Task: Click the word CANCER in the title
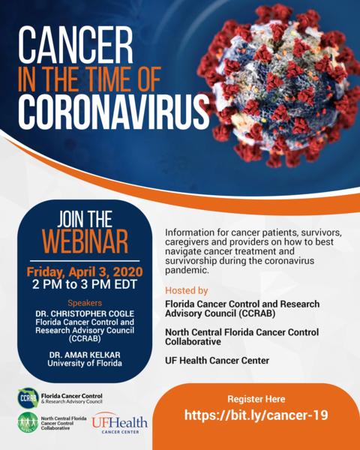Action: [x=76, y=45]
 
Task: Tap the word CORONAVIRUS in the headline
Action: [x=114, y=111]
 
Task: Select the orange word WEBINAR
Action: [x=85, y=241]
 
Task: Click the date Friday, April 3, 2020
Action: [x=85, y=271]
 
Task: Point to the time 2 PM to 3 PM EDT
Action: [x=85, y=284]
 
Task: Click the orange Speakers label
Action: [x=85, y=303]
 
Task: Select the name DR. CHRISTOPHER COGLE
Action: [x=85, y=313]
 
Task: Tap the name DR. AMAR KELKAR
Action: [x=85, y=355]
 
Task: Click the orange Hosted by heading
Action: [x=186, y=291]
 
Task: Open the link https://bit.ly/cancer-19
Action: [x=256, y=415]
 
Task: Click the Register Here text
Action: [x=256, y=399]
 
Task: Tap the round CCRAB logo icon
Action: [x=28, y=398]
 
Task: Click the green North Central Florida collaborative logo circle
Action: [x=28, y=422]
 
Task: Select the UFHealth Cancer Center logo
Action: [x=120, y=423]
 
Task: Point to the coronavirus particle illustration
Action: [x=279, y=86]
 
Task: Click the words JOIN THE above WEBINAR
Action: [x=85, y=219]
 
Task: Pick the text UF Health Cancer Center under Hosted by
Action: [x=217, y=361]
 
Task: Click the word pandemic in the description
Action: [x=187, y=270]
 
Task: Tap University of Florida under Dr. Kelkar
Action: [x=85, y=363]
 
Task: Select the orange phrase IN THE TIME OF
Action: [x=89, y=79]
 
